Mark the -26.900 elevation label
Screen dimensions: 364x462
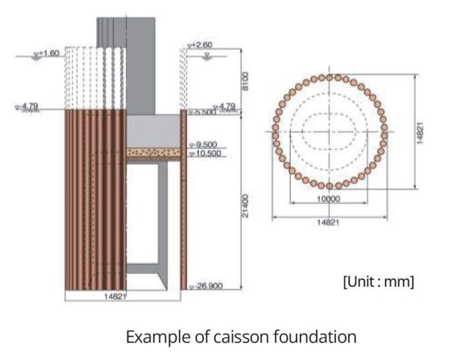pos(207,286)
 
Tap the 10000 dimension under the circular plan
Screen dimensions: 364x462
pos(328,199)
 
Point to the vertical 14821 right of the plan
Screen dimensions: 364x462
pos(420,131)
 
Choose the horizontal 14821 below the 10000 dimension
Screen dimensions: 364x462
pos(328,223)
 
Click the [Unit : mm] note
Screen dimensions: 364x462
pos(379,282)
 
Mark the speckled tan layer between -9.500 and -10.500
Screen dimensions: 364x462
pos(153,153)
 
